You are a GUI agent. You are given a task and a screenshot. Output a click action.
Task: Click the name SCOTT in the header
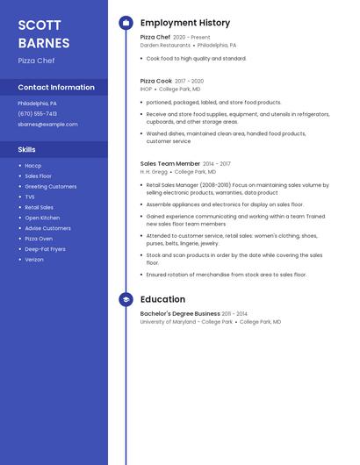click(39, 25)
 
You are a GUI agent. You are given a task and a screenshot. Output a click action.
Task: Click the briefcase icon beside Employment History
click(126, 23)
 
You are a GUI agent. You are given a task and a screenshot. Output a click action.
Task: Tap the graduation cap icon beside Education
click(126, 299)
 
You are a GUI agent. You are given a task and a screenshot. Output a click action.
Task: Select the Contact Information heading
click(56, 88)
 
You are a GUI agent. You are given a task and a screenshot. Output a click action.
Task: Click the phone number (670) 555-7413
click(37, 113)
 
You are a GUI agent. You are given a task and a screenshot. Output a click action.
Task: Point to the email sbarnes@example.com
click(47, 125)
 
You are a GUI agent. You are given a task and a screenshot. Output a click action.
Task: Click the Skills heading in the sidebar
click(26, 149)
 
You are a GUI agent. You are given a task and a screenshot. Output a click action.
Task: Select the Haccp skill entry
click(32, 166)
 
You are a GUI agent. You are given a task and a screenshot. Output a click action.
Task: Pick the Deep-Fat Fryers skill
click(45, 249)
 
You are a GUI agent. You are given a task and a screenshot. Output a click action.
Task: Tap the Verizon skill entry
click(34, 260)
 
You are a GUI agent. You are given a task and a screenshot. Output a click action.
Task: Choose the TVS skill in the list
click(30, 197)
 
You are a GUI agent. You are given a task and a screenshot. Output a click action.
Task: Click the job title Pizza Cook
click(156, 81)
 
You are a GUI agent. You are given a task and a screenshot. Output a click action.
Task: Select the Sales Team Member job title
click(170, 164)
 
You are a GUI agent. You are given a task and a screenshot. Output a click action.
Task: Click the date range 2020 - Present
click(191, 38)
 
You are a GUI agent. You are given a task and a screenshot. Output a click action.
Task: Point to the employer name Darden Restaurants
click(165, 45)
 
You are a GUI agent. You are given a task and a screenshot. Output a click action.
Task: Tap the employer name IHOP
click(146, 89)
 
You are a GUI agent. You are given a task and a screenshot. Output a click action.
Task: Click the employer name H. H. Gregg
click(154, 172)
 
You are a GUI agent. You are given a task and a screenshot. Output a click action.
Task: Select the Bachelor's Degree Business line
click(180, 313)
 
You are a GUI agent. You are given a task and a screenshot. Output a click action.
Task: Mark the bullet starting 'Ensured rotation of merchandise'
click(226, 275)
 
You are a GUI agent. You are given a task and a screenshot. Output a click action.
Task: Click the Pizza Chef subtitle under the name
click(36, 61)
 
